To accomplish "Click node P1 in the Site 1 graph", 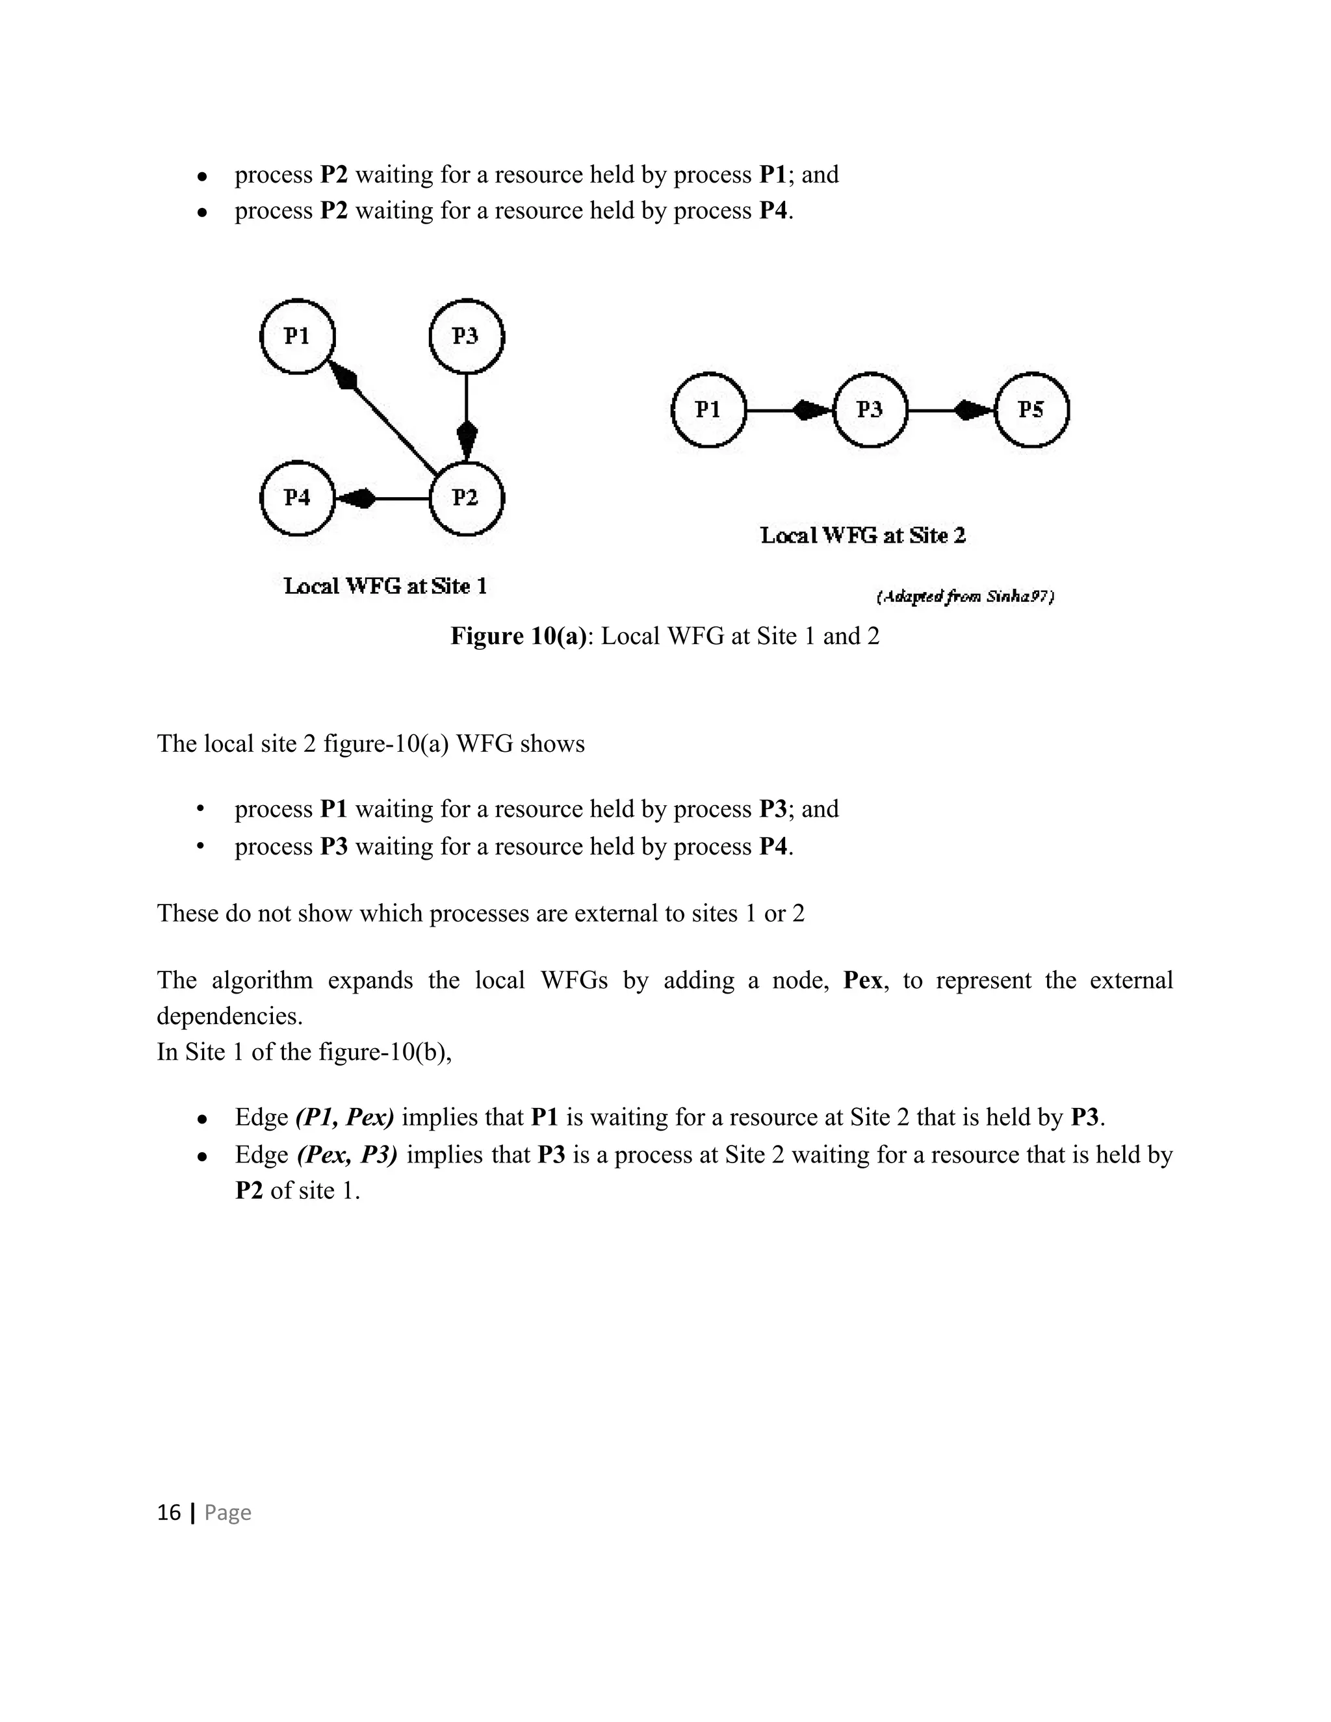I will click(x=297, y=337).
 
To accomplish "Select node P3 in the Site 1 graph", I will click(x=466, y=337).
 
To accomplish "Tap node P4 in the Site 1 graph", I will click(x=297, y=498).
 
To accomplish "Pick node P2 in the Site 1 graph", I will click(x=466, y=498).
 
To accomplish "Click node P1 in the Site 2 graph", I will click(x=708, y=410).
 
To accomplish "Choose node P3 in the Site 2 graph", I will click(x=870, y=410).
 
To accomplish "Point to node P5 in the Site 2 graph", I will click(x=1031, y=410).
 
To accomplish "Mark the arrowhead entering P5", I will click(x=975, y=410).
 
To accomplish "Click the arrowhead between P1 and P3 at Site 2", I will click(x=812, y=410).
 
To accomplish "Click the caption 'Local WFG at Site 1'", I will click(x=385, y=586).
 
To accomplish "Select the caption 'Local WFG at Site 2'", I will click(x=862, y=535).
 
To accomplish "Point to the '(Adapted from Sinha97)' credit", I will click(x=965, y=597).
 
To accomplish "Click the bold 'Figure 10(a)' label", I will click(x=519, y=636).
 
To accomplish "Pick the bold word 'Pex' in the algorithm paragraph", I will click(x=862, y=980).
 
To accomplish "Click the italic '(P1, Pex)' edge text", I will click(x=345, y=1117).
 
